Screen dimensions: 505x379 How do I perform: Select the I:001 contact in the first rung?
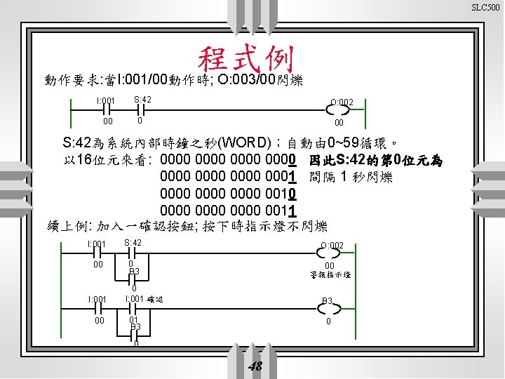tap(106, 109)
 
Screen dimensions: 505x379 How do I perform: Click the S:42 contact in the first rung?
tap(140, 109)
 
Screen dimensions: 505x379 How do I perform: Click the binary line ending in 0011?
tap(229, 210)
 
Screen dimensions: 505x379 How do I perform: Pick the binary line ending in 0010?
tap(229, 193)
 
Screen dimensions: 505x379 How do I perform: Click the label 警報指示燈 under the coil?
tap(330, 275)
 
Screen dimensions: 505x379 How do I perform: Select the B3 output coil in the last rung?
tap(328, 308)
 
